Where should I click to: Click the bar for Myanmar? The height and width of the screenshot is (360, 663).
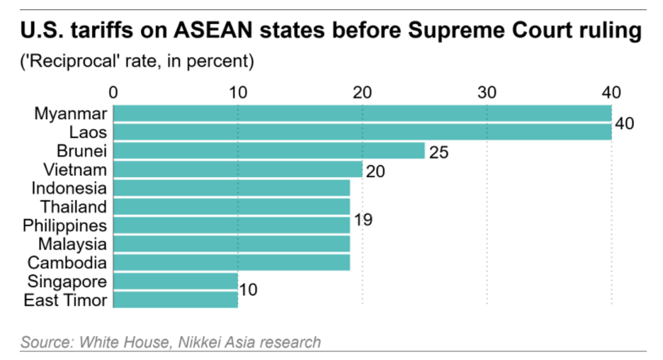362,113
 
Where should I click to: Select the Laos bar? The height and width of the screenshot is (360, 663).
362,132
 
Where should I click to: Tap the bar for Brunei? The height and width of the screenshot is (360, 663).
268,151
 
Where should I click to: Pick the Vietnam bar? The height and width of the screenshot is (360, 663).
237,169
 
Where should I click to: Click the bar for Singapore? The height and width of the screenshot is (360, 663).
175,281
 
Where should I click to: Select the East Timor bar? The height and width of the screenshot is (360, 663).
175,300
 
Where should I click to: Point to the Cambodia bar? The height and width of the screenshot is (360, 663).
231,263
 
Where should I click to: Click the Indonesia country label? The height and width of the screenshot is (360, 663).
69,189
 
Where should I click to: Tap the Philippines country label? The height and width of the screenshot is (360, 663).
65,226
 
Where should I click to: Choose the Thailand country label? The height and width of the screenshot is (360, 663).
74,207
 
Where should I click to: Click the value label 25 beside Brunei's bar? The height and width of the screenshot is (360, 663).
439,152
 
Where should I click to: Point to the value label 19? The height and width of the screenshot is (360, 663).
363,220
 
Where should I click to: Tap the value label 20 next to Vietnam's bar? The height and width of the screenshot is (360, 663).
376,171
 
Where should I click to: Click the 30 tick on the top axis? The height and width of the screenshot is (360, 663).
487,93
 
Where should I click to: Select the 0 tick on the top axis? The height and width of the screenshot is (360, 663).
113,93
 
